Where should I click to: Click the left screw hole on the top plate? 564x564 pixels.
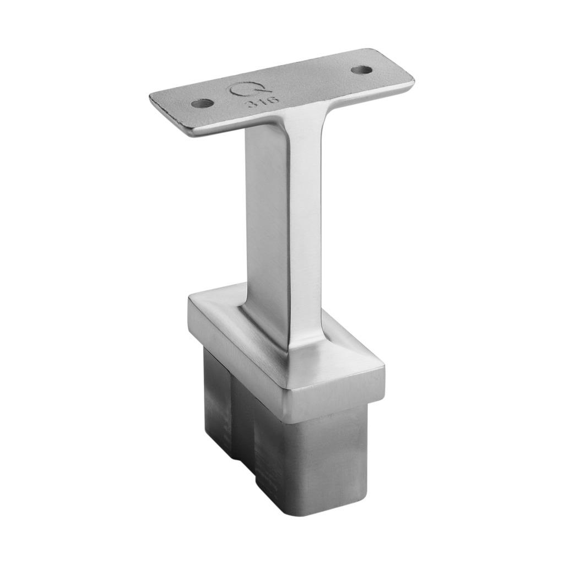point(202,103)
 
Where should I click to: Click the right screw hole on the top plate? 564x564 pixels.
point(361,70)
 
